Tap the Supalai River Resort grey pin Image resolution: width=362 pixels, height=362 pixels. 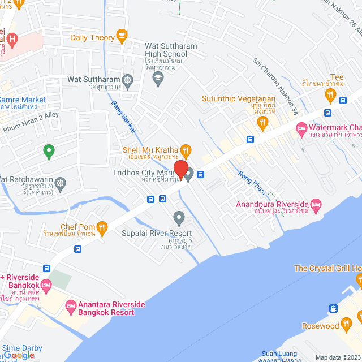[179, 217]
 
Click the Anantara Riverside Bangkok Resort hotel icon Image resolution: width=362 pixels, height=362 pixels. [71, 308]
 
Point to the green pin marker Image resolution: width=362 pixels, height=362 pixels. [49, 151]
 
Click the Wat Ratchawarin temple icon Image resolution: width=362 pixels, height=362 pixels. [60, 183]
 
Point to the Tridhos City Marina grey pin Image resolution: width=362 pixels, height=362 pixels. [189, 173]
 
